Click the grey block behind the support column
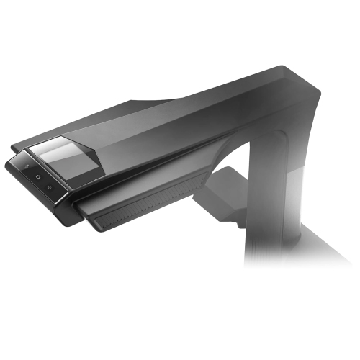pyautogui.click(x=223, y=184)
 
